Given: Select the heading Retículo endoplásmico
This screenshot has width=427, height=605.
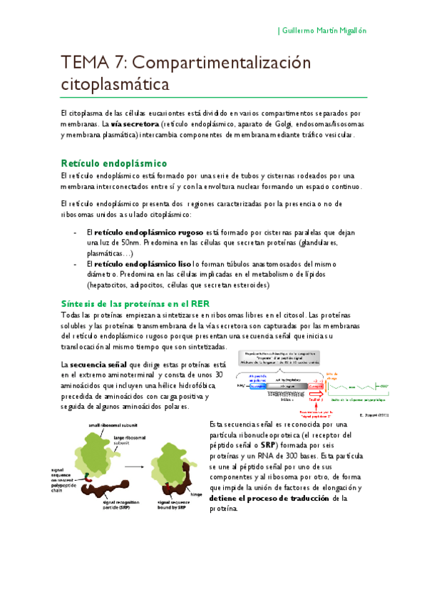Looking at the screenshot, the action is (114, 163).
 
